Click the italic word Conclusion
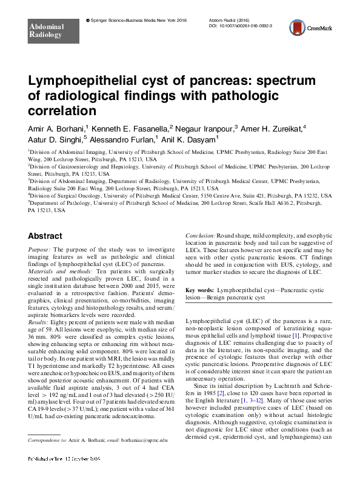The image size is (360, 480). [x=201, y=235]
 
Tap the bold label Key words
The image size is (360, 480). [x=198, y=291]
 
